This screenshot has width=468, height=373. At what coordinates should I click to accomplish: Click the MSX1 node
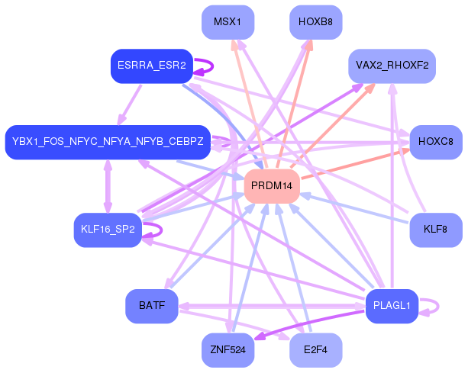pos(228,22)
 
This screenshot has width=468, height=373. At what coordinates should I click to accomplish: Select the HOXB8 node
pos(316,22)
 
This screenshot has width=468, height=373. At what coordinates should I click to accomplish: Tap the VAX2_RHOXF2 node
pos(392,66)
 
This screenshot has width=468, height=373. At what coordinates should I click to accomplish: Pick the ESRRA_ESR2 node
pos(152,66)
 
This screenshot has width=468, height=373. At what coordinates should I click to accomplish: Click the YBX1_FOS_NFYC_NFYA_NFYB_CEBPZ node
pos(108,142)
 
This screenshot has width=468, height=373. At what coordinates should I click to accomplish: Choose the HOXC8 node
pos(436,142)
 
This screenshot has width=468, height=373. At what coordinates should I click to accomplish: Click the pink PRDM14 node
pos(272,186)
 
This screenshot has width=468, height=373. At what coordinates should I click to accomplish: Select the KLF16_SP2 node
pos(108,230)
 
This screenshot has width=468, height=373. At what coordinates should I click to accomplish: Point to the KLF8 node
pos(436,230)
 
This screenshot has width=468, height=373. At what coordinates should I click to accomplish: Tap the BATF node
pos(152,306)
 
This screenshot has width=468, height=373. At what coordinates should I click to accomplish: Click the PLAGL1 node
pos(392,306)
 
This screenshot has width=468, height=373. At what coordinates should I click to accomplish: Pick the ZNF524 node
pos(228,350)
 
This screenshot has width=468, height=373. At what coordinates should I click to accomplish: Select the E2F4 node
pos(316,350)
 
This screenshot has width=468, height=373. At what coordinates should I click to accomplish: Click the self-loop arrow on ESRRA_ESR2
pos(212,66)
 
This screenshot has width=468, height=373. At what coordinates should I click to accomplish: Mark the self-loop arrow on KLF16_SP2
pos(162,230)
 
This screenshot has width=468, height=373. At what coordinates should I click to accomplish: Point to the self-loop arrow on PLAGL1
pos(438,306)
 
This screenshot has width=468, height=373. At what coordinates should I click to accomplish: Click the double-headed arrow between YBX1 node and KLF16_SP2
pos(108,186)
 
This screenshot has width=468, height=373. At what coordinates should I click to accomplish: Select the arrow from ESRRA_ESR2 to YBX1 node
pos(130,105)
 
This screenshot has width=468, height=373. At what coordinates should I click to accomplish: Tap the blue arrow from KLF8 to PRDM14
pos(353,208)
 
